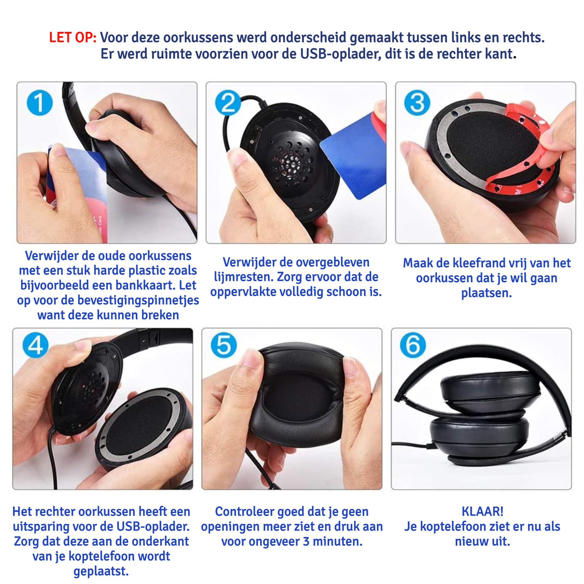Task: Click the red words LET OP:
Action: click(72, 37)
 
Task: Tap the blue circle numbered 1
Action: click(40, 102)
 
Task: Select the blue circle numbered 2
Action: click(228, 102)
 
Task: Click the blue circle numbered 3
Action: click(417, 102)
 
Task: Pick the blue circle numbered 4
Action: click(36, 345)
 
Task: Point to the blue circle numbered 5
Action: click(224, 345)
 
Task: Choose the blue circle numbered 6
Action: click(413, 345)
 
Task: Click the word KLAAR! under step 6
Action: click(482, 512)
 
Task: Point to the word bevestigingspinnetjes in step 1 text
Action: click(138, 300)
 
